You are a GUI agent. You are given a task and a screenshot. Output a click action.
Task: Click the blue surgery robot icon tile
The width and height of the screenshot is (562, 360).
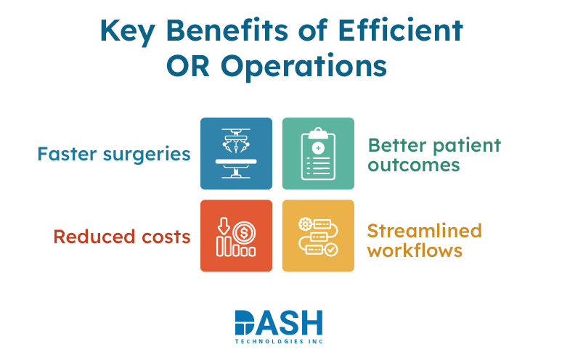pos(236,153)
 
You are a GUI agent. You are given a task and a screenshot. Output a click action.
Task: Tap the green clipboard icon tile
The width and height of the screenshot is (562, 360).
pos(318,153)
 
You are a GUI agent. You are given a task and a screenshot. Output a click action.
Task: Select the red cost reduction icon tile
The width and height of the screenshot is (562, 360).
pos(236,236)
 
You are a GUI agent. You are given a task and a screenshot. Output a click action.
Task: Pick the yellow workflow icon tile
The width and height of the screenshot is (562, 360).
pos(318,236)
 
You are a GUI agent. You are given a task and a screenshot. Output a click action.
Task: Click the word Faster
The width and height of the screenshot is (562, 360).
pos(68,154)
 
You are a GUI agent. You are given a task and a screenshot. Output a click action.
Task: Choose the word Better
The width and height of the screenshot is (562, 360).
pos(393,144)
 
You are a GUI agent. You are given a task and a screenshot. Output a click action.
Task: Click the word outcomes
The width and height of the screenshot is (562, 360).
pos(414,165)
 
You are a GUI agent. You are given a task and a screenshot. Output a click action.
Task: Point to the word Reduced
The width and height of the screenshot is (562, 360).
pos(91,237)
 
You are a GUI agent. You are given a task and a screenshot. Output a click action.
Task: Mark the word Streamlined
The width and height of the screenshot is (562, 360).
pos(424,231)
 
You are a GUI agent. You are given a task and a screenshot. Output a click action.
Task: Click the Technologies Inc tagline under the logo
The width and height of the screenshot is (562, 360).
pos(279,340)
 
